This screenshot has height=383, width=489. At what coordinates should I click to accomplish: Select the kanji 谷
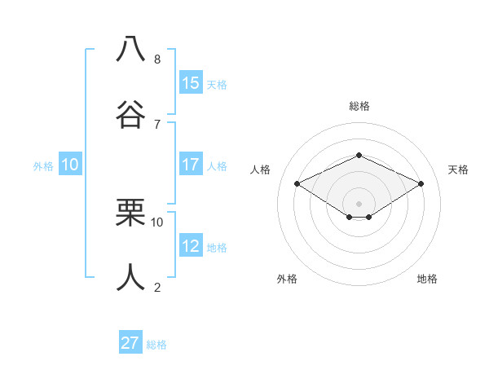point(131,113)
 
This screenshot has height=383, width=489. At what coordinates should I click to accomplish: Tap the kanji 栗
point(131,213)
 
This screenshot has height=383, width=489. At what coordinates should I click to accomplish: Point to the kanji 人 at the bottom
point(131,277)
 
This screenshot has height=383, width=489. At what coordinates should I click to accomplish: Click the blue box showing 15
point(191,82)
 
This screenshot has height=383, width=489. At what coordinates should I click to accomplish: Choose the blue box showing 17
point(191,165)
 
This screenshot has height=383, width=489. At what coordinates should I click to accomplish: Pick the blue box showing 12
point(191,246)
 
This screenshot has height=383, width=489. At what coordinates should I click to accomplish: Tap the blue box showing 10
point(70,165)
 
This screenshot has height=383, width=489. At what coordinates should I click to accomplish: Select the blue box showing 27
point(130,343)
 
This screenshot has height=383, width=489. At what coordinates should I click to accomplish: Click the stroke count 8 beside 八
point(157,59)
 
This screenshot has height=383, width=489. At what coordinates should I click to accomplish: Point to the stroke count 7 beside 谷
point(157,124)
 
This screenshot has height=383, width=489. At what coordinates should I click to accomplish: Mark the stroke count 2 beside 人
point(157,287)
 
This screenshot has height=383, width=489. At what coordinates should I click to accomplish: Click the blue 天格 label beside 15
point(217,84)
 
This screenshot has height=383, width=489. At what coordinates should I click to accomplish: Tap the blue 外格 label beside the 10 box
point(43,165)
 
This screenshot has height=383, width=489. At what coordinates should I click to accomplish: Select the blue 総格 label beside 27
point(156,345)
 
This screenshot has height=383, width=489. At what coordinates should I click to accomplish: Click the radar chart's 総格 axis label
point(359,106)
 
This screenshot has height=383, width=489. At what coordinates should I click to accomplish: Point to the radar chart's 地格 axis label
point(427,279)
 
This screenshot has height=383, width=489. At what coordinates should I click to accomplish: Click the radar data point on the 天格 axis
point(421,184)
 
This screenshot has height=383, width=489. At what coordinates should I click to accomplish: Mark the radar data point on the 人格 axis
point(297,184)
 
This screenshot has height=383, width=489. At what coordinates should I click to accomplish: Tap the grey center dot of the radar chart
point(359,202)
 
